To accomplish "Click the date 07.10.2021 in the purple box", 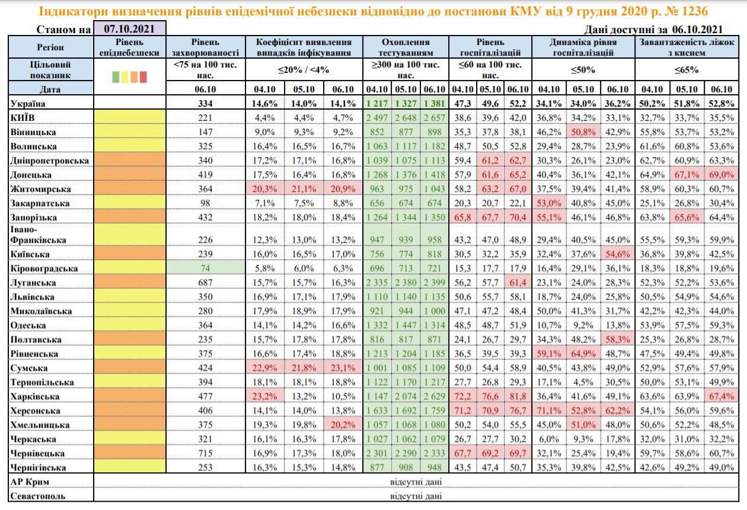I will click(x=129, y=28).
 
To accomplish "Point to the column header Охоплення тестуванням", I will click(x=406, y=47).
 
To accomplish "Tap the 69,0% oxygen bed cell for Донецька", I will click(x=720, y=175).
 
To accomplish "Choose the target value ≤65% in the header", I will click(x=687, y=70).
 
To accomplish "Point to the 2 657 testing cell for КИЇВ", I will click(x=435, y=118).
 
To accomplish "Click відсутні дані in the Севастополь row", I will click(x=416, y=496).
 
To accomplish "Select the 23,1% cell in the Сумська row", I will click(x=346, y=368).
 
